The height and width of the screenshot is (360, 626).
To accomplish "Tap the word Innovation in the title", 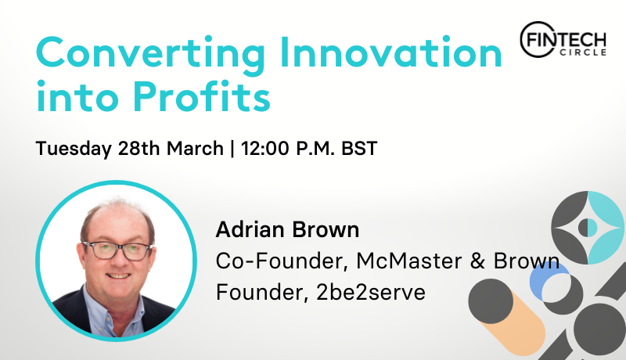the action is [x=390, y=52].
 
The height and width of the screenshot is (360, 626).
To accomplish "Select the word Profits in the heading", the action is [x=202, y=95].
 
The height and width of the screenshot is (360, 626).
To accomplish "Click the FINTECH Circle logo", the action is [x=563, y=40].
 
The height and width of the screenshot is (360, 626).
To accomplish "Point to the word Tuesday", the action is [x=74, y=149].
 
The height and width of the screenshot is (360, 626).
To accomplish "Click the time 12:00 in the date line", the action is [x=264, y=149].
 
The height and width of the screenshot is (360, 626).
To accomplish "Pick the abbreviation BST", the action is [x=359, y=149].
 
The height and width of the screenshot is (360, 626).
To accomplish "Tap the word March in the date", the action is [x=195, y=149].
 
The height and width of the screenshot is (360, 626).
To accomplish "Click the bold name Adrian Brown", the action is [x=287, y=230].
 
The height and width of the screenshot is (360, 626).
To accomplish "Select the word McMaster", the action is [x=408, y=261].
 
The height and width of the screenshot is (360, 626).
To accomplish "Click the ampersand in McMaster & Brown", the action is [x=477, y=261].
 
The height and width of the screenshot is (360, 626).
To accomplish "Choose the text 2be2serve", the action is [x=371, y=293].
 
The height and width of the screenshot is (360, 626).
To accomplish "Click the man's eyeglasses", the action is [x=117, y=250].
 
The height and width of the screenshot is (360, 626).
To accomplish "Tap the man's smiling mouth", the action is [x=118, y=275].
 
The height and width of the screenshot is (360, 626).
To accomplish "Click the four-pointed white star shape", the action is [x=588, y=228].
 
